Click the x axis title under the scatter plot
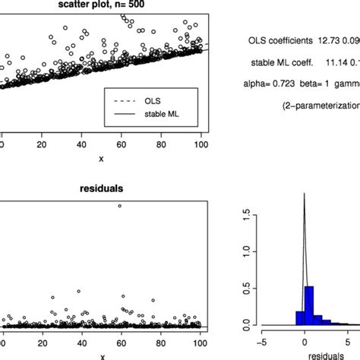[x=103, y=158]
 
